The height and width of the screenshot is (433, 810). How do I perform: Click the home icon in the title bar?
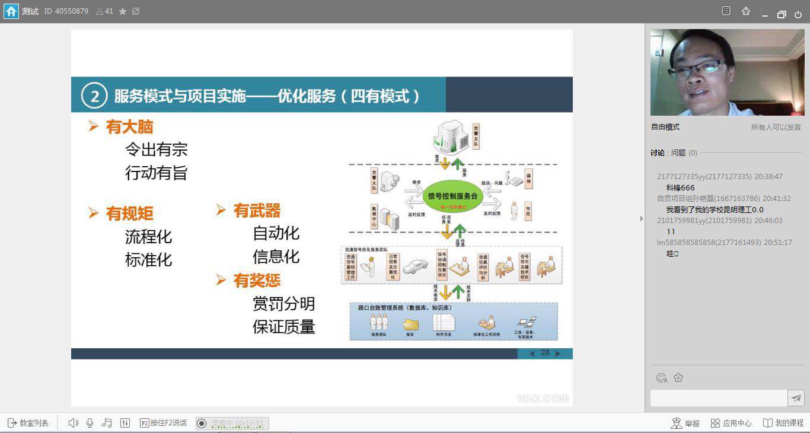coord(11,11)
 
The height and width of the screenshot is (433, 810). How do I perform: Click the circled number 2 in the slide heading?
coord(94,95)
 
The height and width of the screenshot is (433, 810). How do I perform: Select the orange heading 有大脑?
coord(129,126)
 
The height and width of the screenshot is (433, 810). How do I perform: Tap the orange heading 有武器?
coord(256,210)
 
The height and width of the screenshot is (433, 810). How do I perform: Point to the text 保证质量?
coord(283,327)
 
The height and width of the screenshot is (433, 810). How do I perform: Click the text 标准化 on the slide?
coord(148,259)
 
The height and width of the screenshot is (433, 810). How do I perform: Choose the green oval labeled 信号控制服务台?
coord(452,196)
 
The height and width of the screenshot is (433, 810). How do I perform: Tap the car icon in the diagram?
coord(415,267)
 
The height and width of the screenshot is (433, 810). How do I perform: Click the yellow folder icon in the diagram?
coord(410,324)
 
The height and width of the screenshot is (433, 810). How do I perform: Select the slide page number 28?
coord(545,353)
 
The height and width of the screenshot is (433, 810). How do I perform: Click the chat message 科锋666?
coord(680,187)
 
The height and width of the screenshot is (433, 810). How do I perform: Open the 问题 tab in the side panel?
coord(678,152)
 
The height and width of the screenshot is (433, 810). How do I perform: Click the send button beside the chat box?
coord(796,398)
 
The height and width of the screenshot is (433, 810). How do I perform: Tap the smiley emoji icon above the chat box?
coord(662,378)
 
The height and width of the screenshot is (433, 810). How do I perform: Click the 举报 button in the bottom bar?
coord(685,423)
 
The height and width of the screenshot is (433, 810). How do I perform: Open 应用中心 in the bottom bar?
coord(731,423)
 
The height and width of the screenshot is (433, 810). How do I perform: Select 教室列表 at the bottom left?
coord(28,423)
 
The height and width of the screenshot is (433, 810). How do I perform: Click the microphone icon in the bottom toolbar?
coord(90,423)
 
